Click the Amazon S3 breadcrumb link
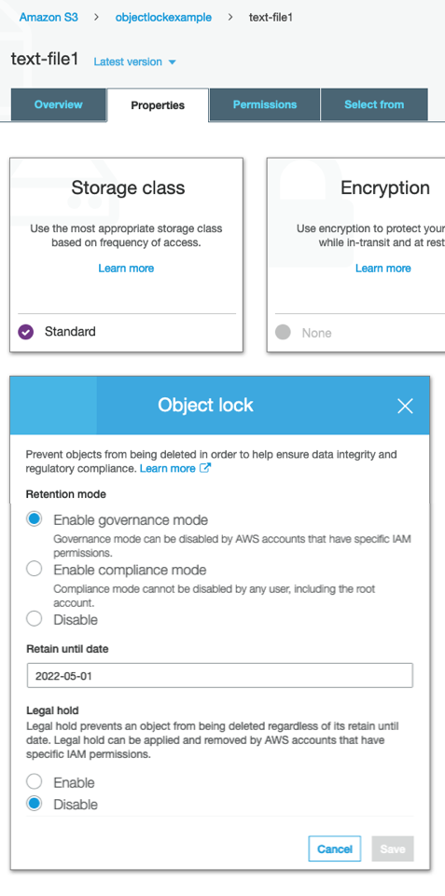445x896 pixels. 49,17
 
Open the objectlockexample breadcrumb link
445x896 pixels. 163,17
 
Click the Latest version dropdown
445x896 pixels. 134,62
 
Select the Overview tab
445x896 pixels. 59,104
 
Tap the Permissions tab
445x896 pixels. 265,104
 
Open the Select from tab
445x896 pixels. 374,104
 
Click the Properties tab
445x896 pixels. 158,105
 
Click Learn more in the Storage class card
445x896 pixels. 126,268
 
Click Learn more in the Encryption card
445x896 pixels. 383,268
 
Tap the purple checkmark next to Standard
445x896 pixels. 26,331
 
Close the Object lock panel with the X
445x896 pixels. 405,406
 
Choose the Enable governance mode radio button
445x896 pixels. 35,518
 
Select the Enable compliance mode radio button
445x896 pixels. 35,569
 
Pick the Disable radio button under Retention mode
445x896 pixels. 35,618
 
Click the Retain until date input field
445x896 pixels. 219,675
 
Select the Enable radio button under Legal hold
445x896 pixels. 35,781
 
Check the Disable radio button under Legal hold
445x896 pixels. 35,803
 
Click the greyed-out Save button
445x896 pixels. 393,849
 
